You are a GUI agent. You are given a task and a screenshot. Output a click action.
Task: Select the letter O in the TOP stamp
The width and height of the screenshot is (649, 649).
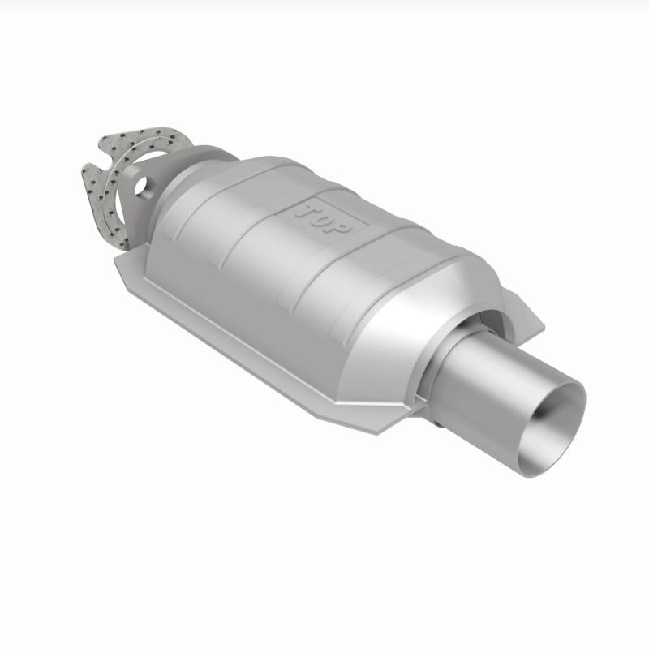(323, 219)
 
